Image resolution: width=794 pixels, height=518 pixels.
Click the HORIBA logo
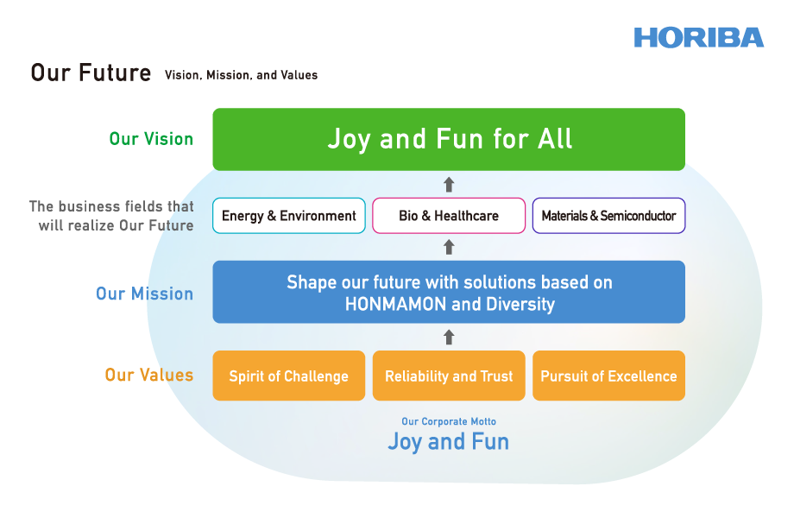click(699, 38)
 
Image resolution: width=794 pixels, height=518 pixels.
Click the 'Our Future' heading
click(91, 73)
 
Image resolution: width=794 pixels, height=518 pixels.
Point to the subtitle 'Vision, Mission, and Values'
click(241, 75)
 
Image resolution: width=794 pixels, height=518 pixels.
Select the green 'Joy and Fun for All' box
click(449, 139)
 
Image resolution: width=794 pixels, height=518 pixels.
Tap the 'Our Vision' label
click(151, 139)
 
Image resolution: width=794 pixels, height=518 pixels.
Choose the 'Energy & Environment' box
click(288, 216)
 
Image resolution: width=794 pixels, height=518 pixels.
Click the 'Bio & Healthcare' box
click(449, 216)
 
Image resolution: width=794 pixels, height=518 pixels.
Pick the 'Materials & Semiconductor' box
click(608, 216)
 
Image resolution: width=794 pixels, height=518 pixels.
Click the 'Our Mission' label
click(145, 294)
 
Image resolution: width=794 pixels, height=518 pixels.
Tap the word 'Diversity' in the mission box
click(520, 304)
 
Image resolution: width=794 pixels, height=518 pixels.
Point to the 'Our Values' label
click(149, 375)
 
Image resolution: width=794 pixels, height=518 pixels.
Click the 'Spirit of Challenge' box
click(288, 376)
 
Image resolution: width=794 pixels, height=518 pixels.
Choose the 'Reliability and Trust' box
click(449, 376)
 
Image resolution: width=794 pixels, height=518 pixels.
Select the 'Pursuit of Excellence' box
click(608, 376)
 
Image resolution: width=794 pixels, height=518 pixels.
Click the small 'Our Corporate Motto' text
click(449, 421)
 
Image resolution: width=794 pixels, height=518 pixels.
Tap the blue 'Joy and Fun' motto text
click(449, 441)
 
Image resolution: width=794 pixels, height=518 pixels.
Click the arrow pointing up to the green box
click(449, 184)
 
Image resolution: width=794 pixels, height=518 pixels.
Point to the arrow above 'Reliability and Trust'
click(449, 337)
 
